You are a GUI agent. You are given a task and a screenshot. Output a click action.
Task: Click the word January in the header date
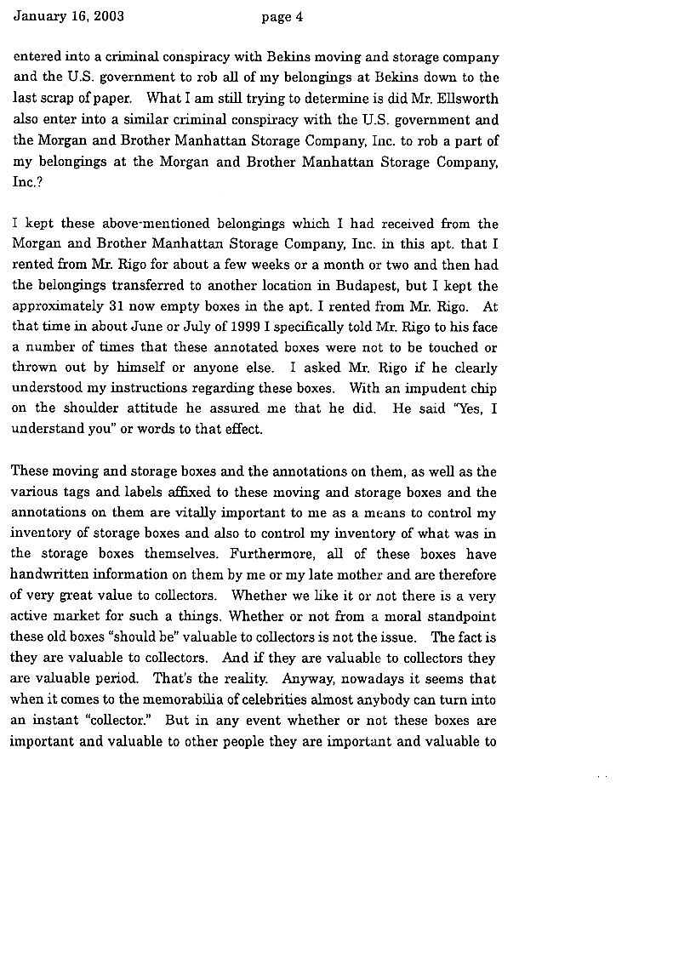[x=37, y=16]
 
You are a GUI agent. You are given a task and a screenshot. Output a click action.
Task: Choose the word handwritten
[x=52, y=574]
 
